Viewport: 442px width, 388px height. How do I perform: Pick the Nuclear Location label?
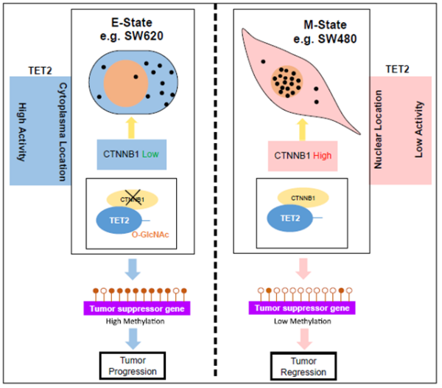377,128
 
